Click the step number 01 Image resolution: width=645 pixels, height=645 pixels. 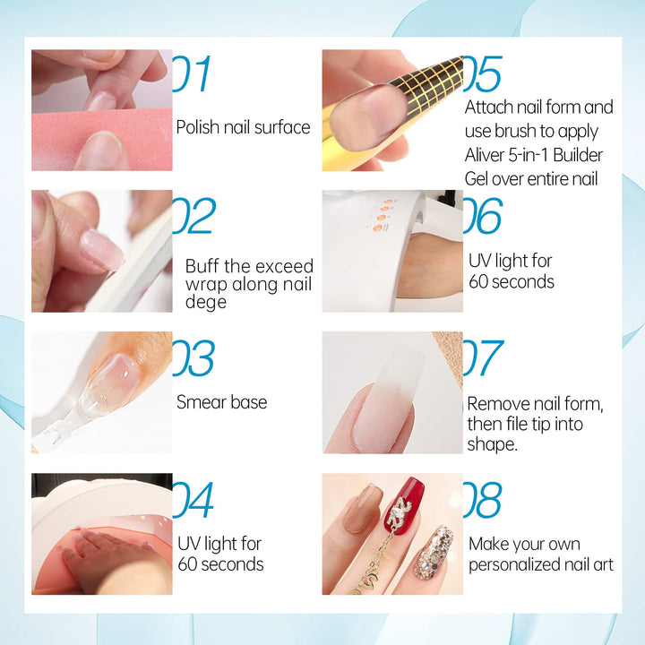coord(193,73)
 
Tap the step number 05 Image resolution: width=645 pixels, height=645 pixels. coord(483,73)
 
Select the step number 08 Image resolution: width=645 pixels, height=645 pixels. coord(483,499)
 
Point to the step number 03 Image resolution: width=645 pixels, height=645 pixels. coord(193,357)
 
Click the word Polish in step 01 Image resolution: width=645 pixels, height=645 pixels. coord(197,126)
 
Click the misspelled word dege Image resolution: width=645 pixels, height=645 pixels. coord(206,302)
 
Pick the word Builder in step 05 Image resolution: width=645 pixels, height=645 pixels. coord(578,155)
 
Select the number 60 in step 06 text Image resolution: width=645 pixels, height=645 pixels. coord(478,282)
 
